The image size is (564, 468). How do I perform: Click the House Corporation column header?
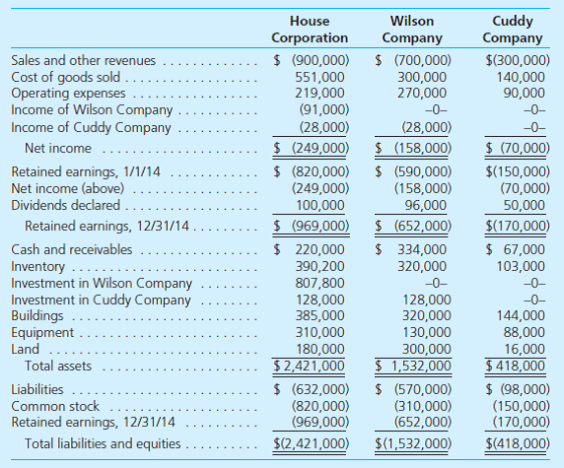(309, 29)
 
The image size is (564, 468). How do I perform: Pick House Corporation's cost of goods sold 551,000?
(320, 78)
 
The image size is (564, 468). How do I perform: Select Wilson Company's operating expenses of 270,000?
(421, 94)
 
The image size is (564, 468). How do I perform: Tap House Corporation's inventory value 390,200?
(320, 266)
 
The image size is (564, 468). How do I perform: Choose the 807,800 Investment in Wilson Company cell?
(320, 283)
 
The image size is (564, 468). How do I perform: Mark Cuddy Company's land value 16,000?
(525, 348)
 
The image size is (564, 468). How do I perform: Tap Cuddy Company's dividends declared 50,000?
(525, 205)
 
